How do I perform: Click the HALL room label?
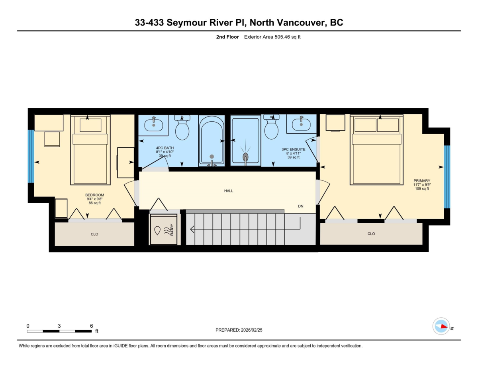point(228,191)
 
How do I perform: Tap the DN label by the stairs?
point(301,206)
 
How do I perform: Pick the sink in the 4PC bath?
point(153,125)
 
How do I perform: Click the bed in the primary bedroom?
point(376,150)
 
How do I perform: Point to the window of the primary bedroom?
point(447,176)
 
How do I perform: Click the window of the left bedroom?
point(31,156)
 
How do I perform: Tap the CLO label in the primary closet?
point(371,234)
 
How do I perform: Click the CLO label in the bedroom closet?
point(94,234)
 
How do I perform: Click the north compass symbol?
point(441,326)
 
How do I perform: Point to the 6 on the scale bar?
point(92,326)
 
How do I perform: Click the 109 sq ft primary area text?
point(422,189)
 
